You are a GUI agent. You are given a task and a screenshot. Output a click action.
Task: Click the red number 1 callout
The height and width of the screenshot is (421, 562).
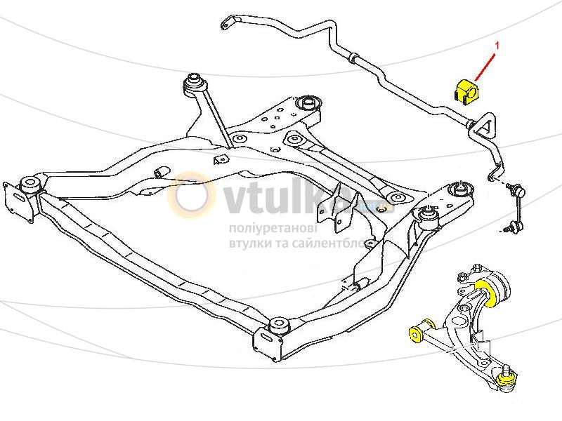pos(497,46)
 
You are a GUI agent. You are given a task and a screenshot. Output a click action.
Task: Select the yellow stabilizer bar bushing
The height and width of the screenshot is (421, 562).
pos(464,92)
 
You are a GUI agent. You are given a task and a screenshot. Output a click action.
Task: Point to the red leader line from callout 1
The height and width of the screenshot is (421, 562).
pos(485,65)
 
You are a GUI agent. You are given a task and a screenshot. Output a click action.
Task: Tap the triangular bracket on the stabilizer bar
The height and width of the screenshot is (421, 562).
pos(486,128)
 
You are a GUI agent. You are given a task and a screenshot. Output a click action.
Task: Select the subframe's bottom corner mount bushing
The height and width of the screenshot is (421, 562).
pos(277,326)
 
